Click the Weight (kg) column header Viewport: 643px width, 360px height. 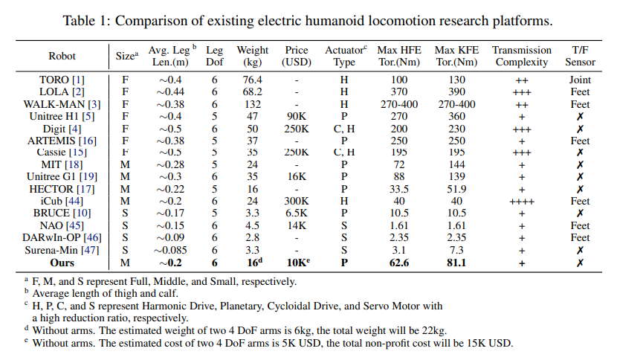253,56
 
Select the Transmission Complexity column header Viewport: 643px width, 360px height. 522,56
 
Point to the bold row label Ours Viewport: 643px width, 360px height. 62,262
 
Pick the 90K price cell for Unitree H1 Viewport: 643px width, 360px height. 297,116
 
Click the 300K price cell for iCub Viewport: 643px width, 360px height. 297,201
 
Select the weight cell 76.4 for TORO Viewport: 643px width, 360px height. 253,80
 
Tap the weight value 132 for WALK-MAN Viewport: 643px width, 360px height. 253,103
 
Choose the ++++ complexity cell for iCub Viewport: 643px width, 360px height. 522,201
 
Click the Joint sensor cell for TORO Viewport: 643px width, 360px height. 581,80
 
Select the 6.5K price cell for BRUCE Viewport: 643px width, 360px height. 297,213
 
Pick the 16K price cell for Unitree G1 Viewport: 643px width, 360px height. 297,177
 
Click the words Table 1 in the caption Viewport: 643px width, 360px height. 85,20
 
